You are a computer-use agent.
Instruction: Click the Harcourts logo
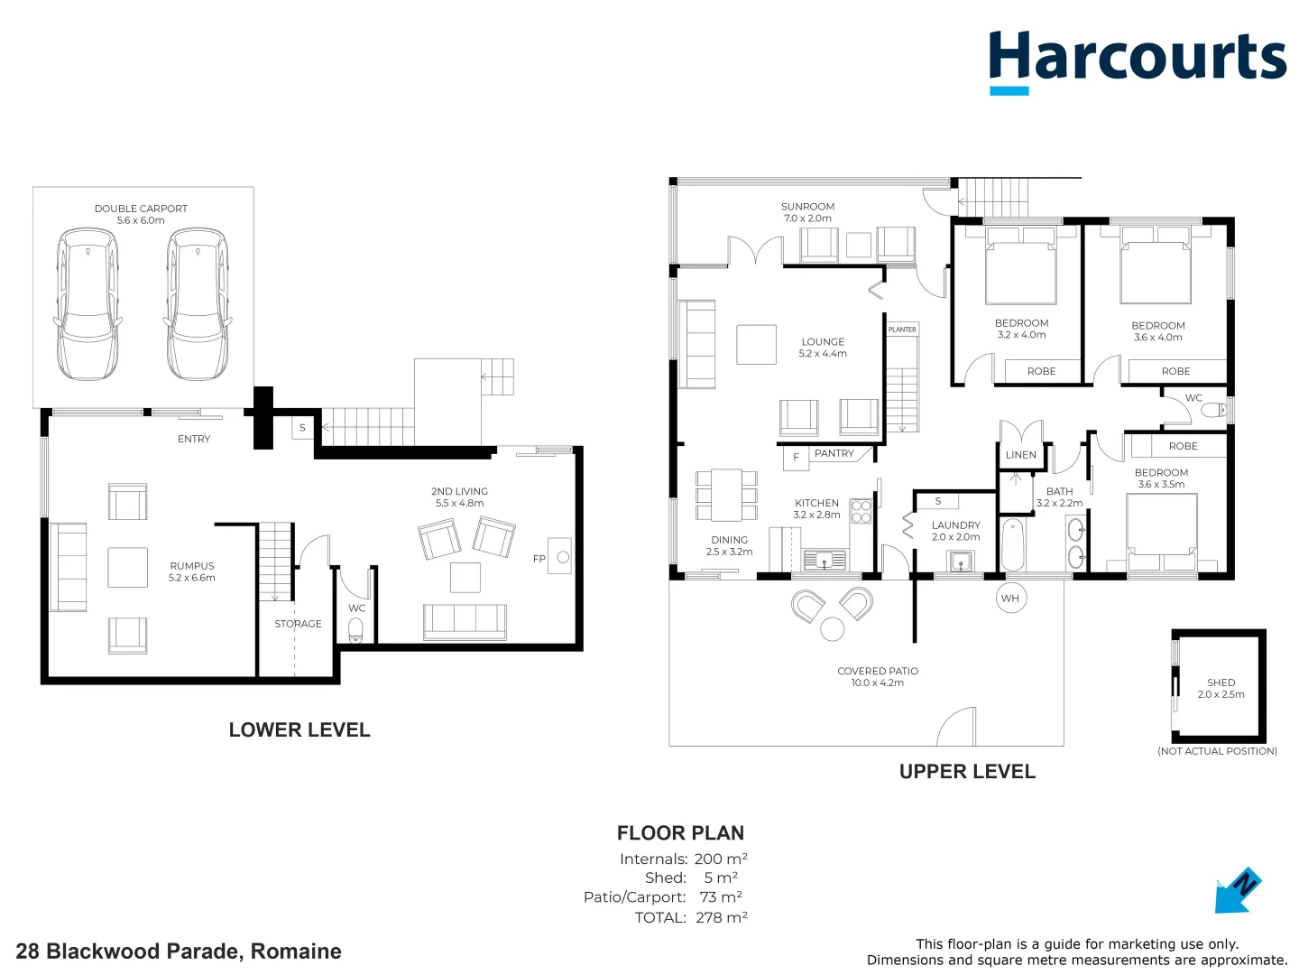[x=1137, y=60]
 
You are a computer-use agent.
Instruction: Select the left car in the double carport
[x=88, y=304]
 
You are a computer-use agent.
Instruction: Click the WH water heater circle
[x=1010, y=598]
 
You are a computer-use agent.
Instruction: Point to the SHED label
[x=1221, y=682]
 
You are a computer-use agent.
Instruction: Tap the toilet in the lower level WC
[x=355, y=628]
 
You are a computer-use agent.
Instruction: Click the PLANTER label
[x=902, y=330]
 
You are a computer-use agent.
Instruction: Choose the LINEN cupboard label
[x=1020, y=455]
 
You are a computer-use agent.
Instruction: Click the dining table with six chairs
[x=726, y=495]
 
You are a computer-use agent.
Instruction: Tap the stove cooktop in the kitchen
[x=861, y=512]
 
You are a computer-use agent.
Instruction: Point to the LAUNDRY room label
[x=955, y=525]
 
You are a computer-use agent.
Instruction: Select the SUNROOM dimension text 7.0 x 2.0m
[x=807, y=218]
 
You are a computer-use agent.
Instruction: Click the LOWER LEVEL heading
[x=299, y=729]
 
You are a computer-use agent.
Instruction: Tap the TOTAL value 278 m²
[x=722, y=917]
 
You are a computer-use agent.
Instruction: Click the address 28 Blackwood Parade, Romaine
[x=179, y=951]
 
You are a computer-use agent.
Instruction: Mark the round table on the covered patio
[x=833, y=628]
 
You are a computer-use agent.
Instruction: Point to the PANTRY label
[x=834, y=453]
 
